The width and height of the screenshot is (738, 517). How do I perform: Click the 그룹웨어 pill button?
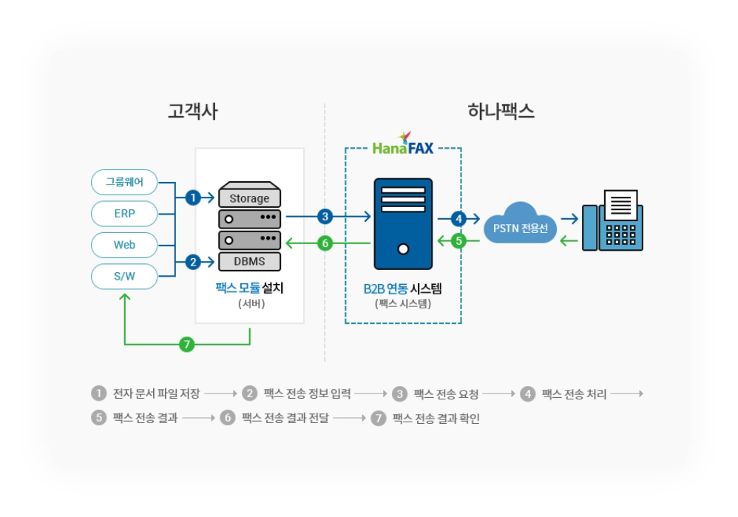click(x=124, y=182)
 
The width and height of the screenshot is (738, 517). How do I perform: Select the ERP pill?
click(x=124, y=214)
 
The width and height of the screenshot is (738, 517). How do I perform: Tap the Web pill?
click(x=124, y=245)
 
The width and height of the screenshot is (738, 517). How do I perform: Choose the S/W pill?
click(x=124, y=277)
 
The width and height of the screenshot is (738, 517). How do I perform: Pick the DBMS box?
click(x=249, y=261)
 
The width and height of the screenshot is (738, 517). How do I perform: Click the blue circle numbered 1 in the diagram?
click(x=193, y=197)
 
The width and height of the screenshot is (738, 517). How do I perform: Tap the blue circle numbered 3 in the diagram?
click(x=325, y=217)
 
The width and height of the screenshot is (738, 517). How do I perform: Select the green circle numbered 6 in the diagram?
click(x=325, y=243)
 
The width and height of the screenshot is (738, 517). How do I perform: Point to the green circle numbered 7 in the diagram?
click(x=187, y=344)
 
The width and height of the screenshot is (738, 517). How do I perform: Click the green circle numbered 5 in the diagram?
click(x=459, y=241)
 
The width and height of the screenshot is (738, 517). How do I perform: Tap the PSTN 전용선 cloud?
click(x=520, y=224)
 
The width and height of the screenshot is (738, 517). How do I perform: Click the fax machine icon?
click(x=612, y=220)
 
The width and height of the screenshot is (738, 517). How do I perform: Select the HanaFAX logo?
click(x=403, y=144)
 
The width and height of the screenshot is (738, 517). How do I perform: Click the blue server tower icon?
click(x=403, y=223)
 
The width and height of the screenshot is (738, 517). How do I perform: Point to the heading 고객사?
click(x=193, y=112)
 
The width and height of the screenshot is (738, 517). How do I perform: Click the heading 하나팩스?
click(x=501, y=112)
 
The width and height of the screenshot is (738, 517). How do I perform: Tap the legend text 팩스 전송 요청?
click(x=446, y=394)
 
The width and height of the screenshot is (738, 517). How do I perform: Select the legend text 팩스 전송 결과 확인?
click(x=436, y=418)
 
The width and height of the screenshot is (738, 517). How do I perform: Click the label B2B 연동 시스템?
click(x=403, y=288)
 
